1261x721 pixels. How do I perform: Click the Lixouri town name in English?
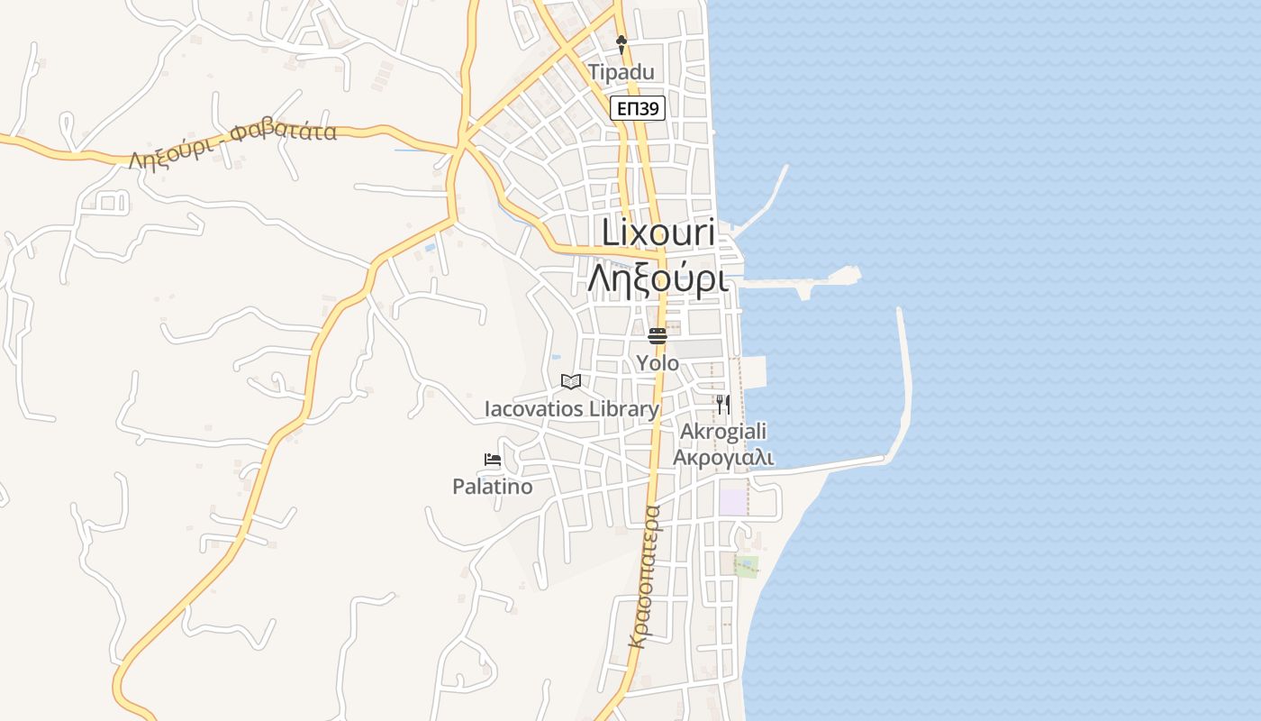click(x=658, y=233)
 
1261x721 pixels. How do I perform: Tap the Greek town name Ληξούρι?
click(x=658, y=278)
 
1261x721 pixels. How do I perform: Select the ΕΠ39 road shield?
click(x=638, y=109)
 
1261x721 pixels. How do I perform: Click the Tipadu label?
click(x=621, y=72)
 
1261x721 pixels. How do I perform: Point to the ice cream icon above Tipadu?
click(x=621, y=42)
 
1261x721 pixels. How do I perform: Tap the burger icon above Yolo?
click(x=658, y=336)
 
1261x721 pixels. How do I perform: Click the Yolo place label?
click(x=658, y=362)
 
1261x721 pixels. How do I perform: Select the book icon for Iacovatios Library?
click(x=571, y=381)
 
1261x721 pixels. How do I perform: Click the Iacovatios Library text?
click(x=572, y=409)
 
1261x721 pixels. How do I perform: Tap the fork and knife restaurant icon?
click(x=723, y=405)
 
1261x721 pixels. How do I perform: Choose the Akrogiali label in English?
click(x=723, y=432)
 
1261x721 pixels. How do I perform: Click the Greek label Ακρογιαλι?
click(x=723, y=457)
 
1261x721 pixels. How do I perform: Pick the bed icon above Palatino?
click(x=492, y=460)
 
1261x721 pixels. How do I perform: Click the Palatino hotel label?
click(x=492, y=487)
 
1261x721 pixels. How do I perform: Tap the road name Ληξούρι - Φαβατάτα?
click(x=232, y=146)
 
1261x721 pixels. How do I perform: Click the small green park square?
click(x=746, y=566)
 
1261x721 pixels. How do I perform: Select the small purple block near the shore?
click(x=733, y=502)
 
